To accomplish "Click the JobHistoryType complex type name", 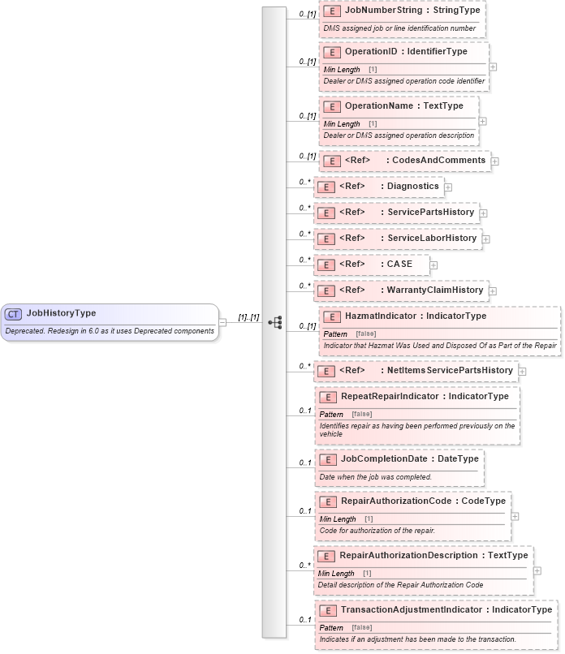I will tap(61, 313).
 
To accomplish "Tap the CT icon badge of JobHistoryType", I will tap(13, 314).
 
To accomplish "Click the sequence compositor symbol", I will tap(275, 322).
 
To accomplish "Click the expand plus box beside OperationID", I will tap(494, 67).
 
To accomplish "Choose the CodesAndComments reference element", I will tap(438, 161).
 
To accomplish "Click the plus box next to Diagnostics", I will tap(448, 187).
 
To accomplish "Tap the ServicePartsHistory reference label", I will tap(430, 213).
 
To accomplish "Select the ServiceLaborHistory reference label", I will tap(432, 239).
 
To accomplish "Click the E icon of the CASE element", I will tap(325, 265).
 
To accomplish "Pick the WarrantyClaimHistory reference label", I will tap(435, 290).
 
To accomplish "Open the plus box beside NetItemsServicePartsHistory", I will tap(523, 372).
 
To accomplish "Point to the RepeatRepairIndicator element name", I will tap(390, 397).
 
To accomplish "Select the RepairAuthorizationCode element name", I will tap(395, 501).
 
